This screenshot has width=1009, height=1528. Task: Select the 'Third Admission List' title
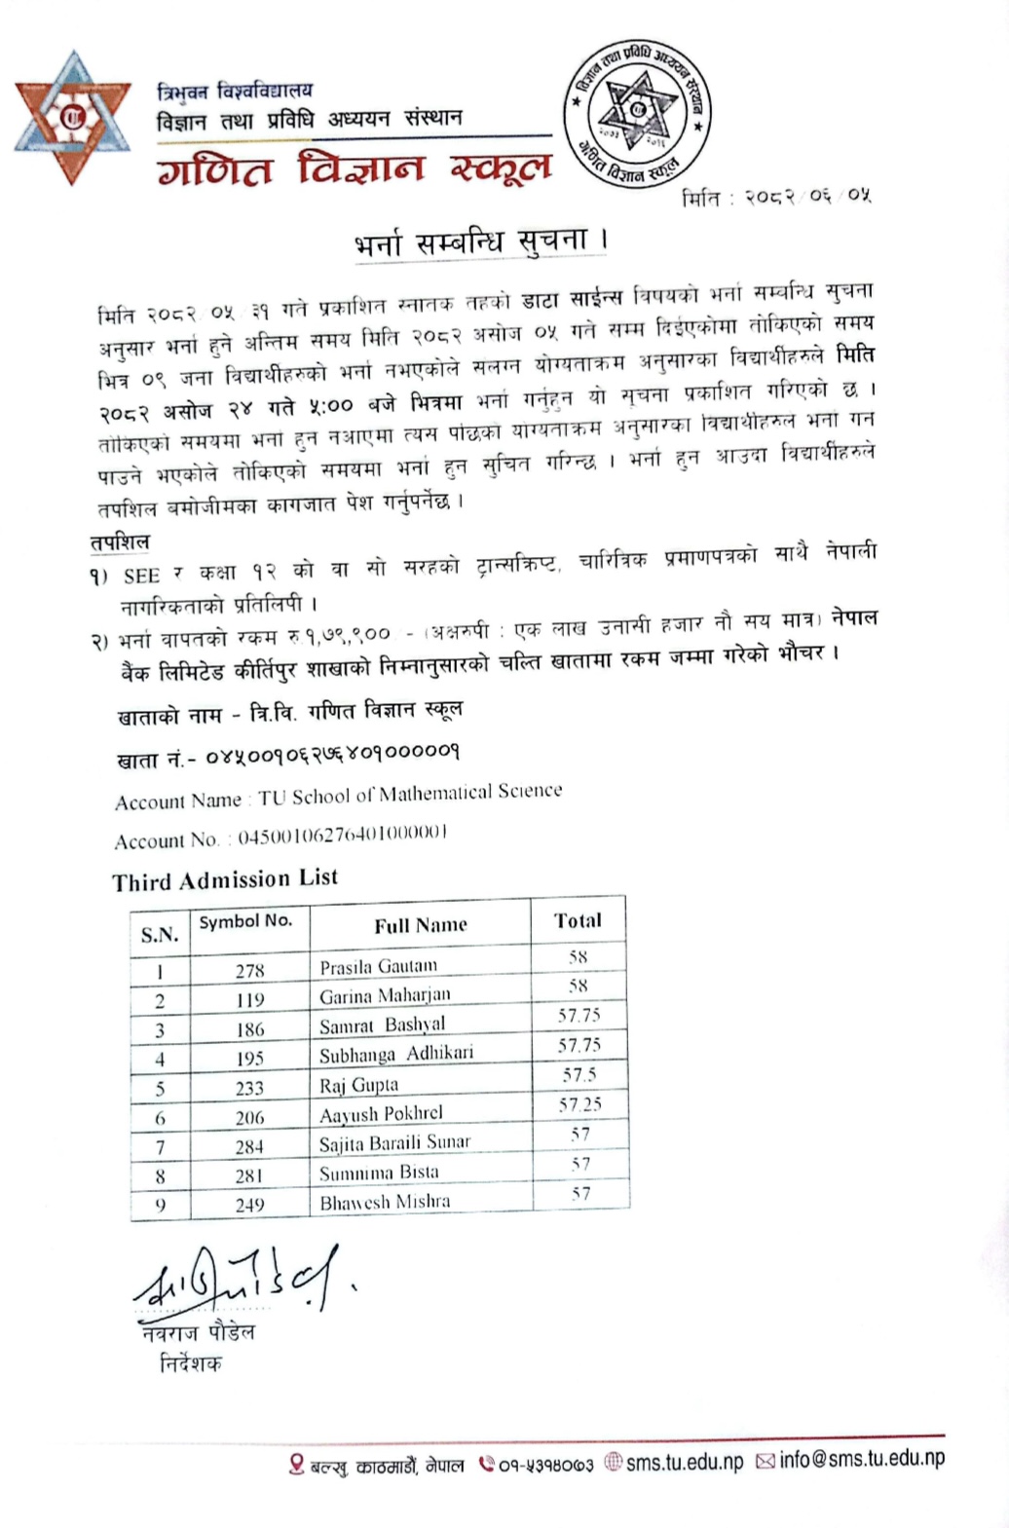pyautogui.click(x=225, y=879)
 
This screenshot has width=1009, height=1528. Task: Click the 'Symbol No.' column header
pyautogui.click(x=245, y=921)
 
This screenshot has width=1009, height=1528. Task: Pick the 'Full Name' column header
pyautogui.click(x=421, y=925)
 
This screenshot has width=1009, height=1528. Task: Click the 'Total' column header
pyautogui.click(x=578, y=920)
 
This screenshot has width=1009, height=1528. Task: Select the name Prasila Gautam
pyautogui.click(x=378, y=966)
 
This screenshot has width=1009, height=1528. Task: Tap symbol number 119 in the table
pyautogui.click(x=249, y=999)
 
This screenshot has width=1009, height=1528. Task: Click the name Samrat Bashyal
pyautogui.click(x=382, y=1025)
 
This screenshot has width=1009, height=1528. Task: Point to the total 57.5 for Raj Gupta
pyautogui.click(x=579, y=1075)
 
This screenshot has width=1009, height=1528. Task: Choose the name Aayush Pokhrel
pyautogui.click(x=381, y=1113)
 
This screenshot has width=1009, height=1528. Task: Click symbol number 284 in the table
pyautogui.click(x=249, y=1146)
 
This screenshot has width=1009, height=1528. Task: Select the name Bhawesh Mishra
pyautogui.click(x=385, y=1202)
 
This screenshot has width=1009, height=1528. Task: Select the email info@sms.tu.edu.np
pyautogui.click(x=862, y=1459)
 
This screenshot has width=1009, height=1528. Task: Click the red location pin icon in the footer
pyautogui.click(x=297, y=1464)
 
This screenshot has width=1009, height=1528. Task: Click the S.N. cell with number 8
pyautogui.click(x=160, y=1175)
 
